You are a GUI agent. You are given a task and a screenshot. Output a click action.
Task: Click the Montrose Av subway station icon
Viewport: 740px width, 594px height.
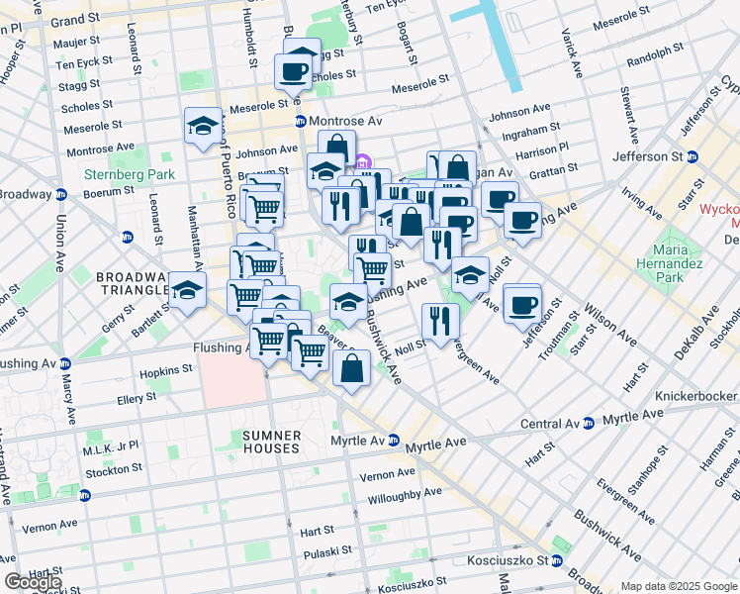click(x=301, y=121)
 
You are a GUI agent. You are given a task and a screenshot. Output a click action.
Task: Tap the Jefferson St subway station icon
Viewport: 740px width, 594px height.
click(x=693, y=156)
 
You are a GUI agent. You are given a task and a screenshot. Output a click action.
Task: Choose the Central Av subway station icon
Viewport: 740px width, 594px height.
click(x=589, y=423)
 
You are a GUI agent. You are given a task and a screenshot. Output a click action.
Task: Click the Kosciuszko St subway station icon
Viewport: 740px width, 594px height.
click(x=557, y=560)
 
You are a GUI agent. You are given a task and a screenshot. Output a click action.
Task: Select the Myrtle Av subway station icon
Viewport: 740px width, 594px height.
click(x=393, y=440)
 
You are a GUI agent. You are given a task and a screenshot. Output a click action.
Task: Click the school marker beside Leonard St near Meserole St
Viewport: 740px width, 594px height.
click(x=203, y=126)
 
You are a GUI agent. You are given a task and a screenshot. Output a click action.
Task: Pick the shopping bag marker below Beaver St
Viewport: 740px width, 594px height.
click(x=352, y=369)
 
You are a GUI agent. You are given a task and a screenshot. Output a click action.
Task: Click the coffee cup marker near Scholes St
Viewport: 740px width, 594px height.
click(x=294, y=71)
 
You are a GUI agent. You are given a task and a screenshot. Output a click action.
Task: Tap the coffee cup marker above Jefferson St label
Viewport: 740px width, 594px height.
click(x=521, y=304)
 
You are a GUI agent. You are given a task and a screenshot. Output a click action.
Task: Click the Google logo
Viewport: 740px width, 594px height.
click(x=33, y=582)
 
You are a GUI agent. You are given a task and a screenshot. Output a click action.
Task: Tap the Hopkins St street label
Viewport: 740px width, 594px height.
click(x=165, y=369)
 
